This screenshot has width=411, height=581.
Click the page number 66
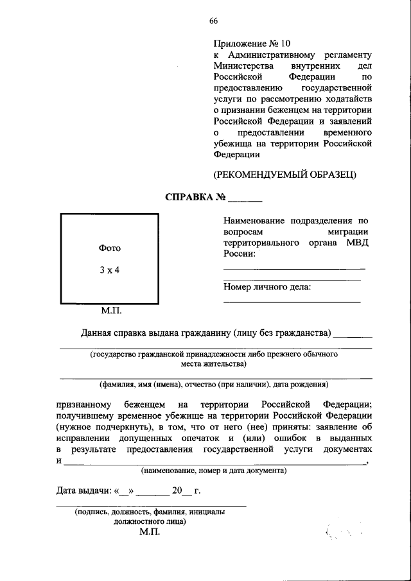pyautogui.click(x=213, y=21)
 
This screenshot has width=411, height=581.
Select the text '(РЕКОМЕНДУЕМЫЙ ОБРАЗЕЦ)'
pyautogui.click(x=284, y=174)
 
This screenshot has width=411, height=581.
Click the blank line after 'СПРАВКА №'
pyautogui.click(x=245, y=200)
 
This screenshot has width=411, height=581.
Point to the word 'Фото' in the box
pyautogui.click(x=109, y=248)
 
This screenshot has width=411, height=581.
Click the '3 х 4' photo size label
pyautogui.click(x=109, y=270)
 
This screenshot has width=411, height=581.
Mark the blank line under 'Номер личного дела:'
pyautogui.click(x=292, y=301)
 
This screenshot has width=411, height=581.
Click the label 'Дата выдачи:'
pyautogui.click(x=83, y=492)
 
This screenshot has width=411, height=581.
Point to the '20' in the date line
pyautogui.click(x=178, y=492)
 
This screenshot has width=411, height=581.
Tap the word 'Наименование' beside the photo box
pyautogui.click(x=252, y=220)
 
